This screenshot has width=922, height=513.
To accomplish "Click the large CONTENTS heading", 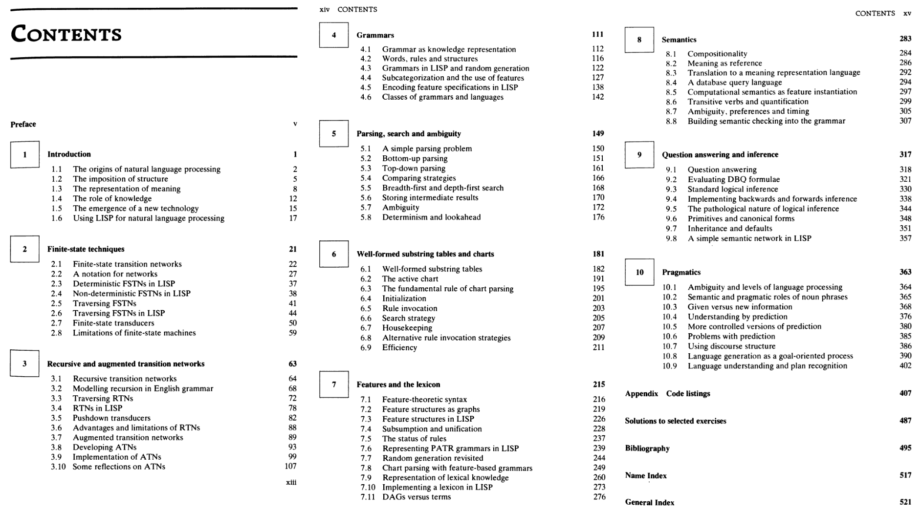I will (x=66, y=34).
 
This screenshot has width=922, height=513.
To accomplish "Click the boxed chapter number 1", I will (x=24, y=154).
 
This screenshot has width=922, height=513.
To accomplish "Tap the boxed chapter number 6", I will (x=334, y=254).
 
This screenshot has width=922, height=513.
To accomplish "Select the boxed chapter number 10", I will (x=639, y=272).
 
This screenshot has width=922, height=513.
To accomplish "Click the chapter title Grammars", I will (x=375, y=35).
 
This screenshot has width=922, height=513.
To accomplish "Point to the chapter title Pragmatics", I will (x=681, y=272).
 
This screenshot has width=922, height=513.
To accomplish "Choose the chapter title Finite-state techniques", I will (x=86, y=249).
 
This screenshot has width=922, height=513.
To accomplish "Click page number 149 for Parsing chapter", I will (x=598, y=133).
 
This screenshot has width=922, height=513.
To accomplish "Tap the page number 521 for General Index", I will (x=905, y=502).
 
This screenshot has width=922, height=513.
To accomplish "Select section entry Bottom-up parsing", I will (x=415, y=158).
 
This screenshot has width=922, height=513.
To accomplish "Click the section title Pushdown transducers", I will (x=111, y=418).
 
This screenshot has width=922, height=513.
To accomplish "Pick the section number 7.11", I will (x=368, y=497).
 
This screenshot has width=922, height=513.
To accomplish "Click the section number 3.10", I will (x=58, y=467).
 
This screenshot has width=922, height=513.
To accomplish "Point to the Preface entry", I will (x=23, y=124).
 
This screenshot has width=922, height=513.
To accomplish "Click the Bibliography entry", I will (x=647, y=448).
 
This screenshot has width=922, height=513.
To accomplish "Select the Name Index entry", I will (x=645, y=475).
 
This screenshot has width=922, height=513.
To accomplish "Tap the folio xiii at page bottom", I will (x=291, y=482).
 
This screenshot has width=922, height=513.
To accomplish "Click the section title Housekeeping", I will (x=407, y=328).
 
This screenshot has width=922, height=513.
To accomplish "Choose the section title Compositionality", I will (x=717, y=54).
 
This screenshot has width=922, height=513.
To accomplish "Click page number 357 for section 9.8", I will (x=905, y=238).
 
